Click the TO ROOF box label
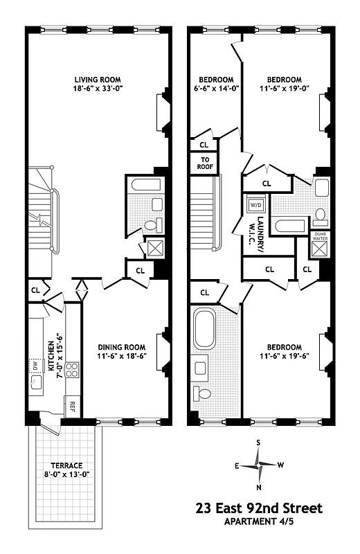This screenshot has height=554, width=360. click(x=204, y=163)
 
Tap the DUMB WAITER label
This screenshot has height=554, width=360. click(x=320, y=236)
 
